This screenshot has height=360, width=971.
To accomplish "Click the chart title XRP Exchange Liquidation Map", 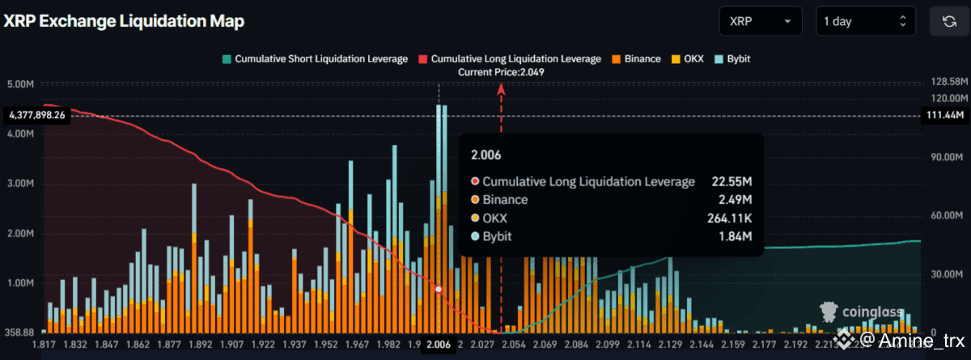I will click(124, 22).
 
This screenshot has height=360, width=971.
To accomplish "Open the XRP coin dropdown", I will click(760, 22).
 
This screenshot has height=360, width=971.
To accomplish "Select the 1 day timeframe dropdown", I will click(865, 22).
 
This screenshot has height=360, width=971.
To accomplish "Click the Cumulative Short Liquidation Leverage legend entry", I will click(314, 59).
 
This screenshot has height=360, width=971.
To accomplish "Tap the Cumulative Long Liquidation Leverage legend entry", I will click(510, 59).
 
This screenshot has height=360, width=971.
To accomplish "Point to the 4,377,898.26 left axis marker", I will click(37, 116).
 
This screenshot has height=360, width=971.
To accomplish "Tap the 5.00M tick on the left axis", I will click(19, 84).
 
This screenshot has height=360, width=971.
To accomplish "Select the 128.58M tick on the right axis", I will click(944, 82).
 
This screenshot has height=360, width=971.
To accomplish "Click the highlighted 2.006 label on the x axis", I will click(438, 345).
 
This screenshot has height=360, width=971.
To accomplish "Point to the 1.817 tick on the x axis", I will click(43, 345).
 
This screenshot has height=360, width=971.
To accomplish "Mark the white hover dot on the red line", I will click(439, 289).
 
